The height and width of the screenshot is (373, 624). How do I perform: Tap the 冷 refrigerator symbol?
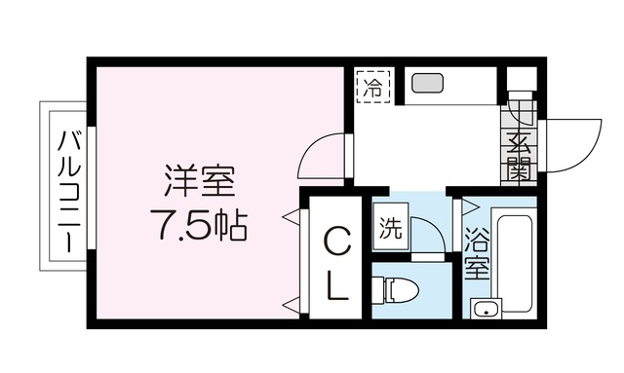point(371,85)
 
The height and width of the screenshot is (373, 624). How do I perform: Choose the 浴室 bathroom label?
point(476,252)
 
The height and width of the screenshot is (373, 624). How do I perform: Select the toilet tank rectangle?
point(380,290)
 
